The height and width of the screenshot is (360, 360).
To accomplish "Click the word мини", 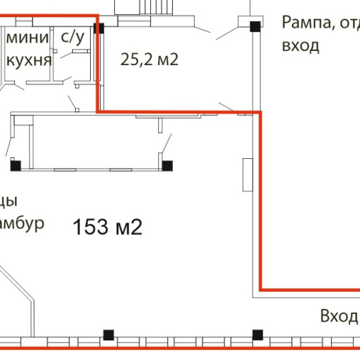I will click(x=27, y=38).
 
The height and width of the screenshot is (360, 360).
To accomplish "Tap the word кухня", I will click(x=29, y=60).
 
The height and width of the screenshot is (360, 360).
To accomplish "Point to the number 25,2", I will click(x=137, y=58).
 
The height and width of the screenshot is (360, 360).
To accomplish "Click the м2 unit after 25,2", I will click(x=168, y=58).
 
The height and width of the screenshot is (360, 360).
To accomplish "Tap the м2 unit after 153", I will click(x=128, y=228).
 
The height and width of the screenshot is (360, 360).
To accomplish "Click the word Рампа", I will click(x=308, y=23).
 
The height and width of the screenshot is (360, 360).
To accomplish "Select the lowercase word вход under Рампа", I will click(x=301, y=45).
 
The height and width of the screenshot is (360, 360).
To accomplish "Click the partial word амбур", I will click(x=21, y=224).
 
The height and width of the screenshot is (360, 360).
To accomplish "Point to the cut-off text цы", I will click(x=9, y=199).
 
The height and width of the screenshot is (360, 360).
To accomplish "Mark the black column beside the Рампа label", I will click(x=254, y=27).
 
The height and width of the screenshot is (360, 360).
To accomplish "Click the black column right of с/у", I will click(x=99, y=29).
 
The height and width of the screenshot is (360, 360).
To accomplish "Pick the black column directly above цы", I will click(x=15, y=164).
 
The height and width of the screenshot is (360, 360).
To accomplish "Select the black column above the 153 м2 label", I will click(x=166, y=164).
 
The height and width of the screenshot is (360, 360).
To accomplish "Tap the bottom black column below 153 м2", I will click(x=108, y=335).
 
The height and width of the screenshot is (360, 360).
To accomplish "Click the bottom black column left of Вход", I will click(x=257, y=335).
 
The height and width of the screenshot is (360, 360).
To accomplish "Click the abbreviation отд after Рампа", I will click(x=349, y=23).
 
